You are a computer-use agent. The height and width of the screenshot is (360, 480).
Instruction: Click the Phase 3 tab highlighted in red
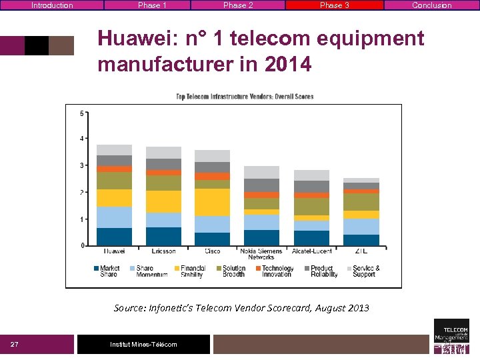point(334,5)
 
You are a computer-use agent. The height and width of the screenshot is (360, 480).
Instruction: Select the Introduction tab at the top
point(52,5)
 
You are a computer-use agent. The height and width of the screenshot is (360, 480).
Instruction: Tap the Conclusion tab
point(431,5)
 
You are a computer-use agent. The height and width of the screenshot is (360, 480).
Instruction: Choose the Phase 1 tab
point(153,5)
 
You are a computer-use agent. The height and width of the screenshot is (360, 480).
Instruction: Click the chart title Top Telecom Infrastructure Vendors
point(244,97)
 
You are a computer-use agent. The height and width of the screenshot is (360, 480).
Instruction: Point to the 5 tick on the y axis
point(82,113)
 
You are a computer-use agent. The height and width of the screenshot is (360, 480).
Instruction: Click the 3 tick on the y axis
point(82,165)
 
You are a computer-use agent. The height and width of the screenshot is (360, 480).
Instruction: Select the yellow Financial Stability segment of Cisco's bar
point(212,202)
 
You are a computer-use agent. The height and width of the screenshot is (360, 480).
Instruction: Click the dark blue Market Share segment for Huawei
point(114,237)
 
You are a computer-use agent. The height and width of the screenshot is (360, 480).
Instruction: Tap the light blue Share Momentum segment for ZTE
point(361,227)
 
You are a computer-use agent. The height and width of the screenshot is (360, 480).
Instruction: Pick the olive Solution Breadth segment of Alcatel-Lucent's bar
point(311,207)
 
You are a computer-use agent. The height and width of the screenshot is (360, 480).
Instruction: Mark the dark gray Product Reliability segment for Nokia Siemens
point(261,185)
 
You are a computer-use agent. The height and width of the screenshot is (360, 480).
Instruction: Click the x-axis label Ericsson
point(163,251)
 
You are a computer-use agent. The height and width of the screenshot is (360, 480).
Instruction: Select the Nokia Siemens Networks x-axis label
point(261,254)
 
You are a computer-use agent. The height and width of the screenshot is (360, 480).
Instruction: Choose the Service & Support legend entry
point(366,271)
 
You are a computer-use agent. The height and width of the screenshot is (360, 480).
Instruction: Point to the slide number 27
point(15,344)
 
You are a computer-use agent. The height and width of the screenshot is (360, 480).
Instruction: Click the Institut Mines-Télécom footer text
point(143,344)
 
